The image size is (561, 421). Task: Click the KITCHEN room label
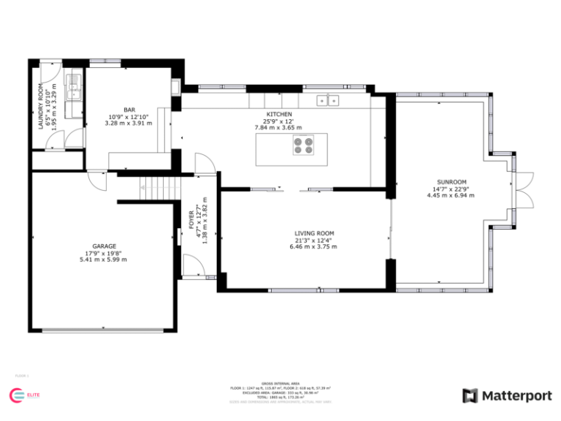[279, 115]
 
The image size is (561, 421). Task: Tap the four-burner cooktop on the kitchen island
[303, 146]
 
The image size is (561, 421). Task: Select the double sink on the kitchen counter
[327, 101]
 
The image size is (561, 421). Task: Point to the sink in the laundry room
[74, 87]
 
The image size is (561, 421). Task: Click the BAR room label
[129, 110]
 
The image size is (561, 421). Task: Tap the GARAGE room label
[104, 246]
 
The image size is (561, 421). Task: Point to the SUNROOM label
[451, 182]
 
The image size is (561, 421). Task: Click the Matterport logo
[507, 395]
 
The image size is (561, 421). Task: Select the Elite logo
[24, 395]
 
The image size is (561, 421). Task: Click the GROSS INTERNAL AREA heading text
[280, 383]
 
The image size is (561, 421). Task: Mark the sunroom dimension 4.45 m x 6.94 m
[451, 195]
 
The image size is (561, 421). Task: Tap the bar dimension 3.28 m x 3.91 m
[129, 124]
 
